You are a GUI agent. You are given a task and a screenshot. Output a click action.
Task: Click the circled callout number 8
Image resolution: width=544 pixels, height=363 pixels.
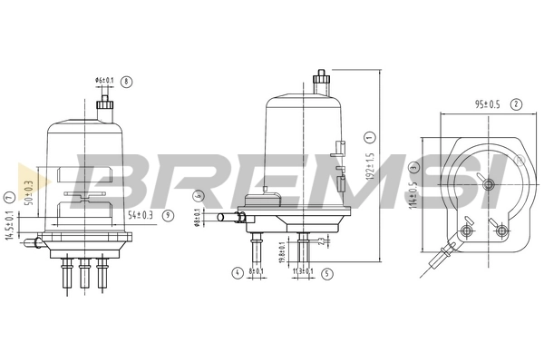tap(127, 82)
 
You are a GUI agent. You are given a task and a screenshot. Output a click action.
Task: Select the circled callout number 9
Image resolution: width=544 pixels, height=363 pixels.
tap(168, 214)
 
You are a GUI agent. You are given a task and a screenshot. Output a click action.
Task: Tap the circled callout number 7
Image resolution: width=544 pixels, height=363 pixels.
tap(8, 194)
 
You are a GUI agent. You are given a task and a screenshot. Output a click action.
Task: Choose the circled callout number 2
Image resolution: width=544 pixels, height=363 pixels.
tap(516, 104)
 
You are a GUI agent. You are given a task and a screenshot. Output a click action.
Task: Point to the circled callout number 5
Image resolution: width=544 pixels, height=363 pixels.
tap(324, 271)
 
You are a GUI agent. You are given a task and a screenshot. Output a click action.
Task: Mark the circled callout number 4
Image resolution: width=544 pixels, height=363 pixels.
tap(235, 271)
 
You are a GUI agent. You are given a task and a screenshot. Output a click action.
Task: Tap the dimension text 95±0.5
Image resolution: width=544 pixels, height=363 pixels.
tap(487, 104)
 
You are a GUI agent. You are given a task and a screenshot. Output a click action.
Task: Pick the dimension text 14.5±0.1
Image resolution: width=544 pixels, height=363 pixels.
tap(8, 226)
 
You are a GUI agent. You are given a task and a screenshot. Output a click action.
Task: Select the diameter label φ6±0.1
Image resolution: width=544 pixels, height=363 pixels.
tap(106, 82)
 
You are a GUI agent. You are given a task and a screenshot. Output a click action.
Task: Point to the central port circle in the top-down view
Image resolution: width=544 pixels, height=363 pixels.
tap(489, 186)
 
